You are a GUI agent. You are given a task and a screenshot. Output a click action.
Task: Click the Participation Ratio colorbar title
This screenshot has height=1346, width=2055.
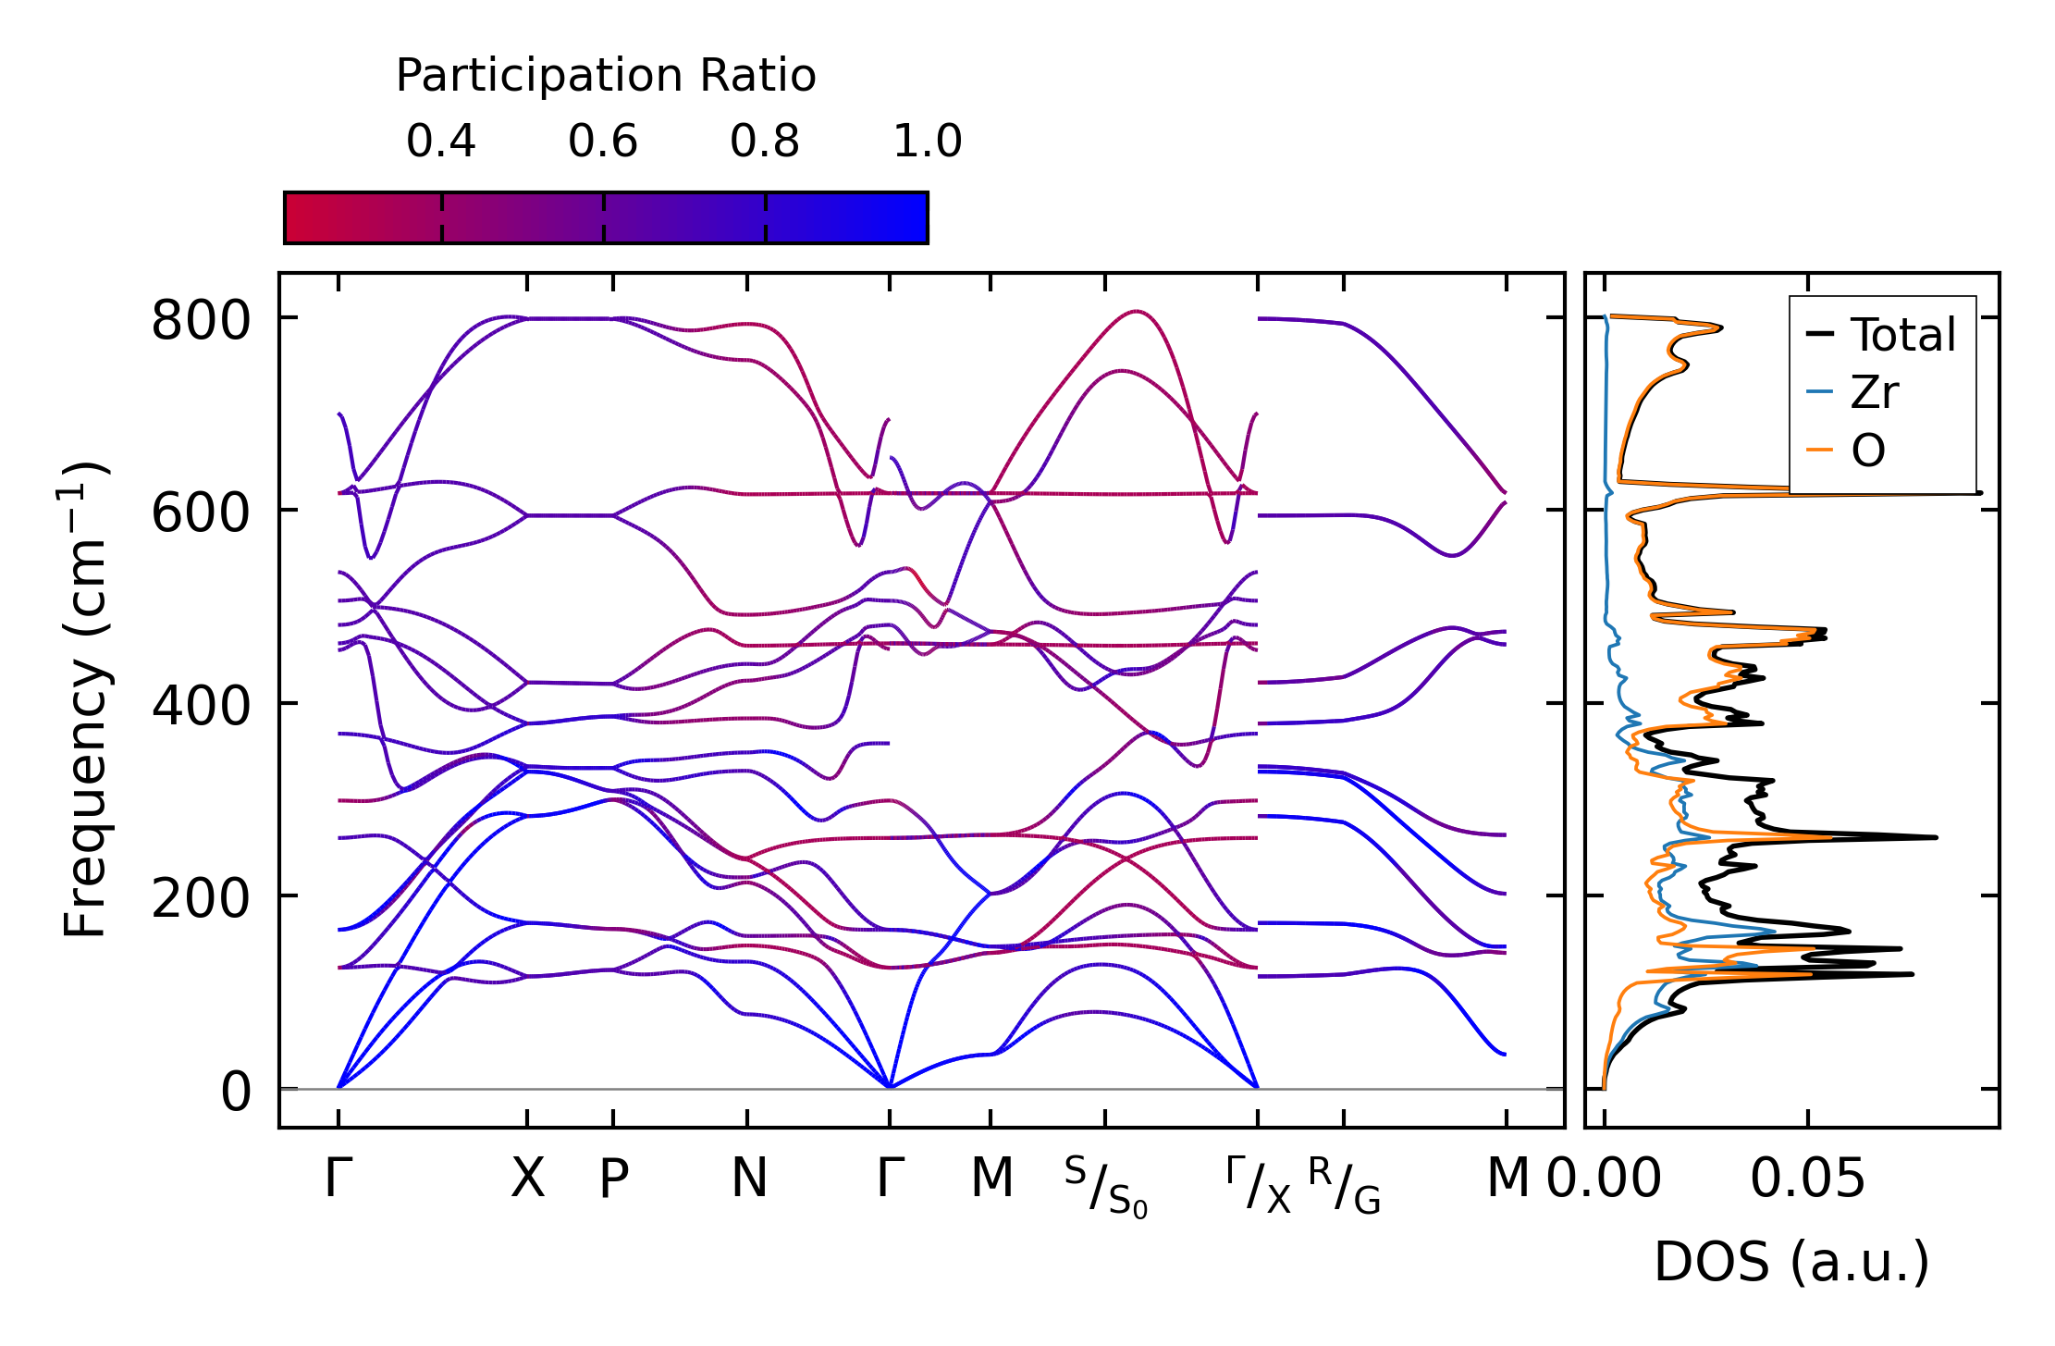point(606,76)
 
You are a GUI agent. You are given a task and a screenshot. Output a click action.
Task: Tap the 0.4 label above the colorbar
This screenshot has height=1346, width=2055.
point(440,142)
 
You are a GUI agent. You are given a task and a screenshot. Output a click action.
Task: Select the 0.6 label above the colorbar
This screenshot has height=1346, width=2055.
point(603,142)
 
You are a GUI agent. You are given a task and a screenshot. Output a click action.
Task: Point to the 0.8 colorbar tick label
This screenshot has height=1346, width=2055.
point(764,142)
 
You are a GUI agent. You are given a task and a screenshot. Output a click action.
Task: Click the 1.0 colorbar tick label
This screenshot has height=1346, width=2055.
point(927,142)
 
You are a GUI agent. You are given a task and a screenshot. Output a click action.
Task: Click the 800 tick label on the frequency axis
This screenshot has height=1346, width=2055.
point(201,323)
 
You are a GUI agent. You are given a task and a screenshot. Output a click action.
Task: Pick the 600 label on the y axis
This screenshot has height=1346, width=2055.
point(201,514)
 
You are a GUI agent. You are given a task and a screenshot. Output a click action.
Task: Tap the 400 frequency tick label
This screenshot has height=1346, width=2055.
point(201,707)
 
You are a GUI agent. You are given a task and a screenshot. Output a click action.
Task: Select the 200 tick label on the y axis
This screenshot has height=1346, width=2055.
point(201,899)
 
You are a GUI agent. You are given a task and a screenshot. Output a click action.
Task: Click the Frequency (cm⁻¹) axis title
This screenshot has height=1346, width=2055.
point(86,699)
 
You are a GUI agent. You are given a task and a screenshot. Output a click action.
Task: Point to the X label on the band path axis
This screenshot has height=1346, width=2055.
point(527,1179)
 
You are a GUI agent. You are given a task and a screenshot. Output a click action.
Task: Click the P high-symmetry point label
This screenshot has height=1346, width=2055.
point(613,1179)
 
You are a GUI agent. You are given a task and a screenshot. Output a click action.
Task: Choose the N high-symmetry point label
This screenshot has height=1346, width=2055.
point(748,1179)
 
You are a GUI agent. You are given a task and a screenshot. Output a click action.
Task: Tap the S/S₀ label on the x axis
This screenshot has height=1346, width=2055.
point(1105,1186)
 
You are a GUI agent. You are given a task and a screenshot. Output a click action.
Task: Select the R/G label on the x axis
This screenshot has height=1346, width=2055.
point(1344,1186)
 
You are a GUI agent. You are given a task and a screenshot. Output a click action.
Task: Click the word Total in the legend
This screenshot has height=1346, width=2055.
point(1902,335)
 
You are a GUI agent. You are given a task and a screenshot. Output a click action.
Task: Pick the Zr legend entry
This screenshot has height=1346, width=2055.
point(1874,393)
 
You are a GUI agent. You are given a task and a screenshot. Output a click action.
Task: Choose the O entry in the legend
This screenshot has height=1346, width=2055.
point(1867,451)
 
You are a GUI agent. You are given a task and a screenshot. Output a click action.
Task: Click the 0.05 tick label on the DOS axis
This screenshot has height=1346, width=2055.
point(1807,1179)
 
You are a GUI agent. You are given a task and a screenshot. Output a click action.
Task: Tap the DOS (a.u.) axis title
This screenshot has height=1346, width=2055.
point(1791,1262)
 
